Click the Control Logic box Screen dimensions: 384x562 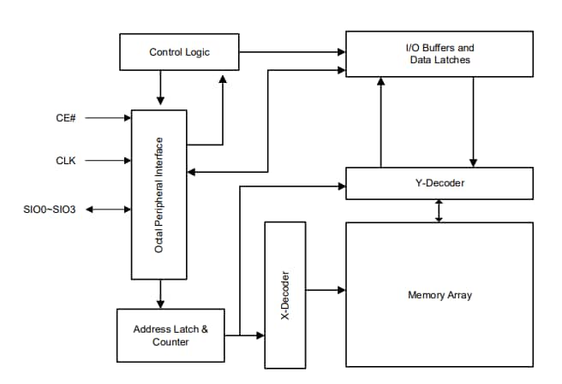pos(179,52)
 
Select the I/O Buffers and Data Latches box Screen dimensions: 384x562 pos(439,54)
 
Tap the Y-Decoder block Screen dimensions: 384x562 pos(439,183)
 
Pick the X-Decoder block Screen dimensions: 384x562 pos(285,294)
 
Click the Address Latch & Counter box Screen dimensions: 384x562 pos(170,335)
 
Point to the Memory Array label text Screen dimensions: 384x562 pos(439,295)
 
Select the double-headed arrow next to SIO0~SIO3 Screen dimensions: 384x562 pos(109,209)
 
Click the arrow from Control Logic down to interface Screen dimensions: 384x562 pos(160,89)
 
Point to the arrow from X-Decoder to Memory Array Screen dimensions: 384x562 pos(326,290)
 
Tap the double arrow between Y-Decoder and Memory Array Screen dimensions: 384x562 pos(439,211)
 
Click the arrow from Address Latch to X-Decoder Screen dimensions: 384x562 pos(244,334)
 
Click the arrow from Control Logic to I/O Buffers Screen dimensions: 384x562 pos(291,51)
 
